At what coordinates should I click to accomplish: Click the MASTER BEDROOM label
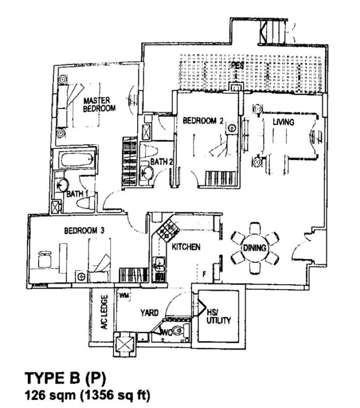99,104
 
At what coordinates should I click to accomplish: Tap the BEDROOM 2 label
202,120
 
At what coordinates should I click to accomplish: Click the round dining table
254,248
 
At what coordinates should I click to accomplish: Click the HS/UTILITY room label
219,317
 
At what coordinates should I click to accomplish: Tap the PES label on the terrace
237,66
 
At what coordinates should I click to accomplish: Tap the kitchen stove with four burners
167,229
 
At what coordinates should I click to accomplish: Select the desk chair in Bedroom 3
45,258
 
